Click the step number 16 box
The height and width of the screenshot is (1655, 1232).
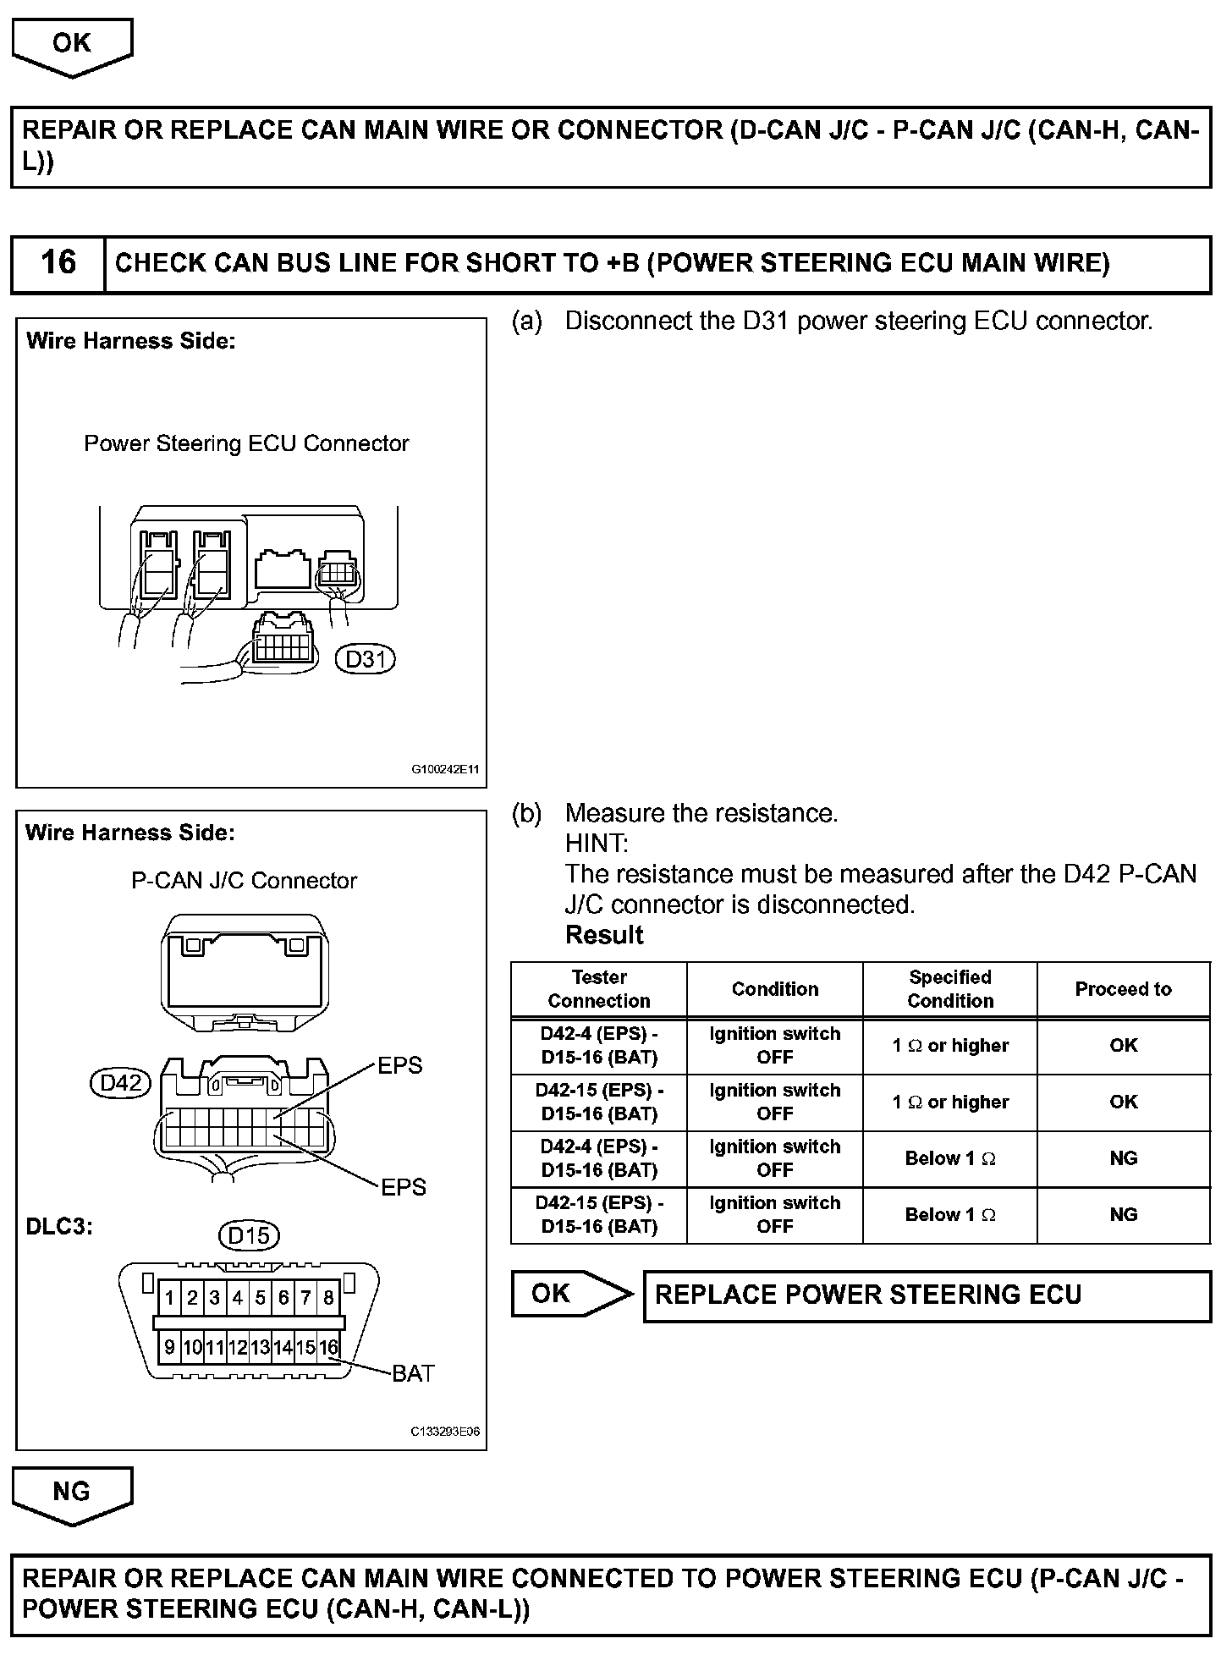58,263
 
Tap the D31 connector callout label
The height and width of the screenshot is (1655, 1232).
366,658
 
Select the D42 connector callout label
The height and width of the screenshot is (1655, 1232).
120,1083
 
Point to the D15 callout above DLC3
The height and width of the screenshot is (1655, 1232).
249,1236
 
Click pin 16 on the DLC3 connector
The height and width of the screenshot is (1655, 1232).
328,1347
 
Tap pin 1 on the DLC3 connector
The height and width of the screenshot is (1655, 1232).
170,1298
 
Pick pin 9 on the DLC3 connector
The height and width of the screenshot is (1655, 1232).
170,1347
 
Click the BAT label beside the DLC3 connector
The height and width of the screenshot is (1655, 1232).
413,1373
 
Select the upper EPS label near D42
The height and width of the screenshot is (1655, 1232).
399,1066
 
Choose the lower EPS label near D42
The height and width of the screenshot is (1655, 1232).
403,1187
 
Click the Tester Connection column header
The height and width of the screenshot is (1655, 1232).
599,989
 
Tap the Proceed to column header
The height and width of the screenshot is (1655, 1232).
1123,989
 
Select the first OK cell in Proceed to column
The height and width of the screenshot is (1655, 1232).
1123,1046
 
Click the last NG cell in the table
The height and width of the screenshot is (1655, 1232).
1123,1215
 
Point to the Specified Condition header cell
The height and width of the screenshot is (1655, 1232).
949,989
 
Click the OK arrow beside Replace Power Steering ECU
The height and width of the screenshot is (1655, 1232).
567,1294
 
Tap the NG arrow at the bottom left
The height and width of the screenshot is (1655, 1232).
72,1492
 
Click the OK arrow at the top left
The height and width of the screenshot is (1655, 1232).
72,44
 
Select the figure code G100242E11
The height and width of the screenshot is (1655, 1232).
445,770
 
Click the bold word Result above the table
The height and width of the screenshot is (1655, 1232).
604,935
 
